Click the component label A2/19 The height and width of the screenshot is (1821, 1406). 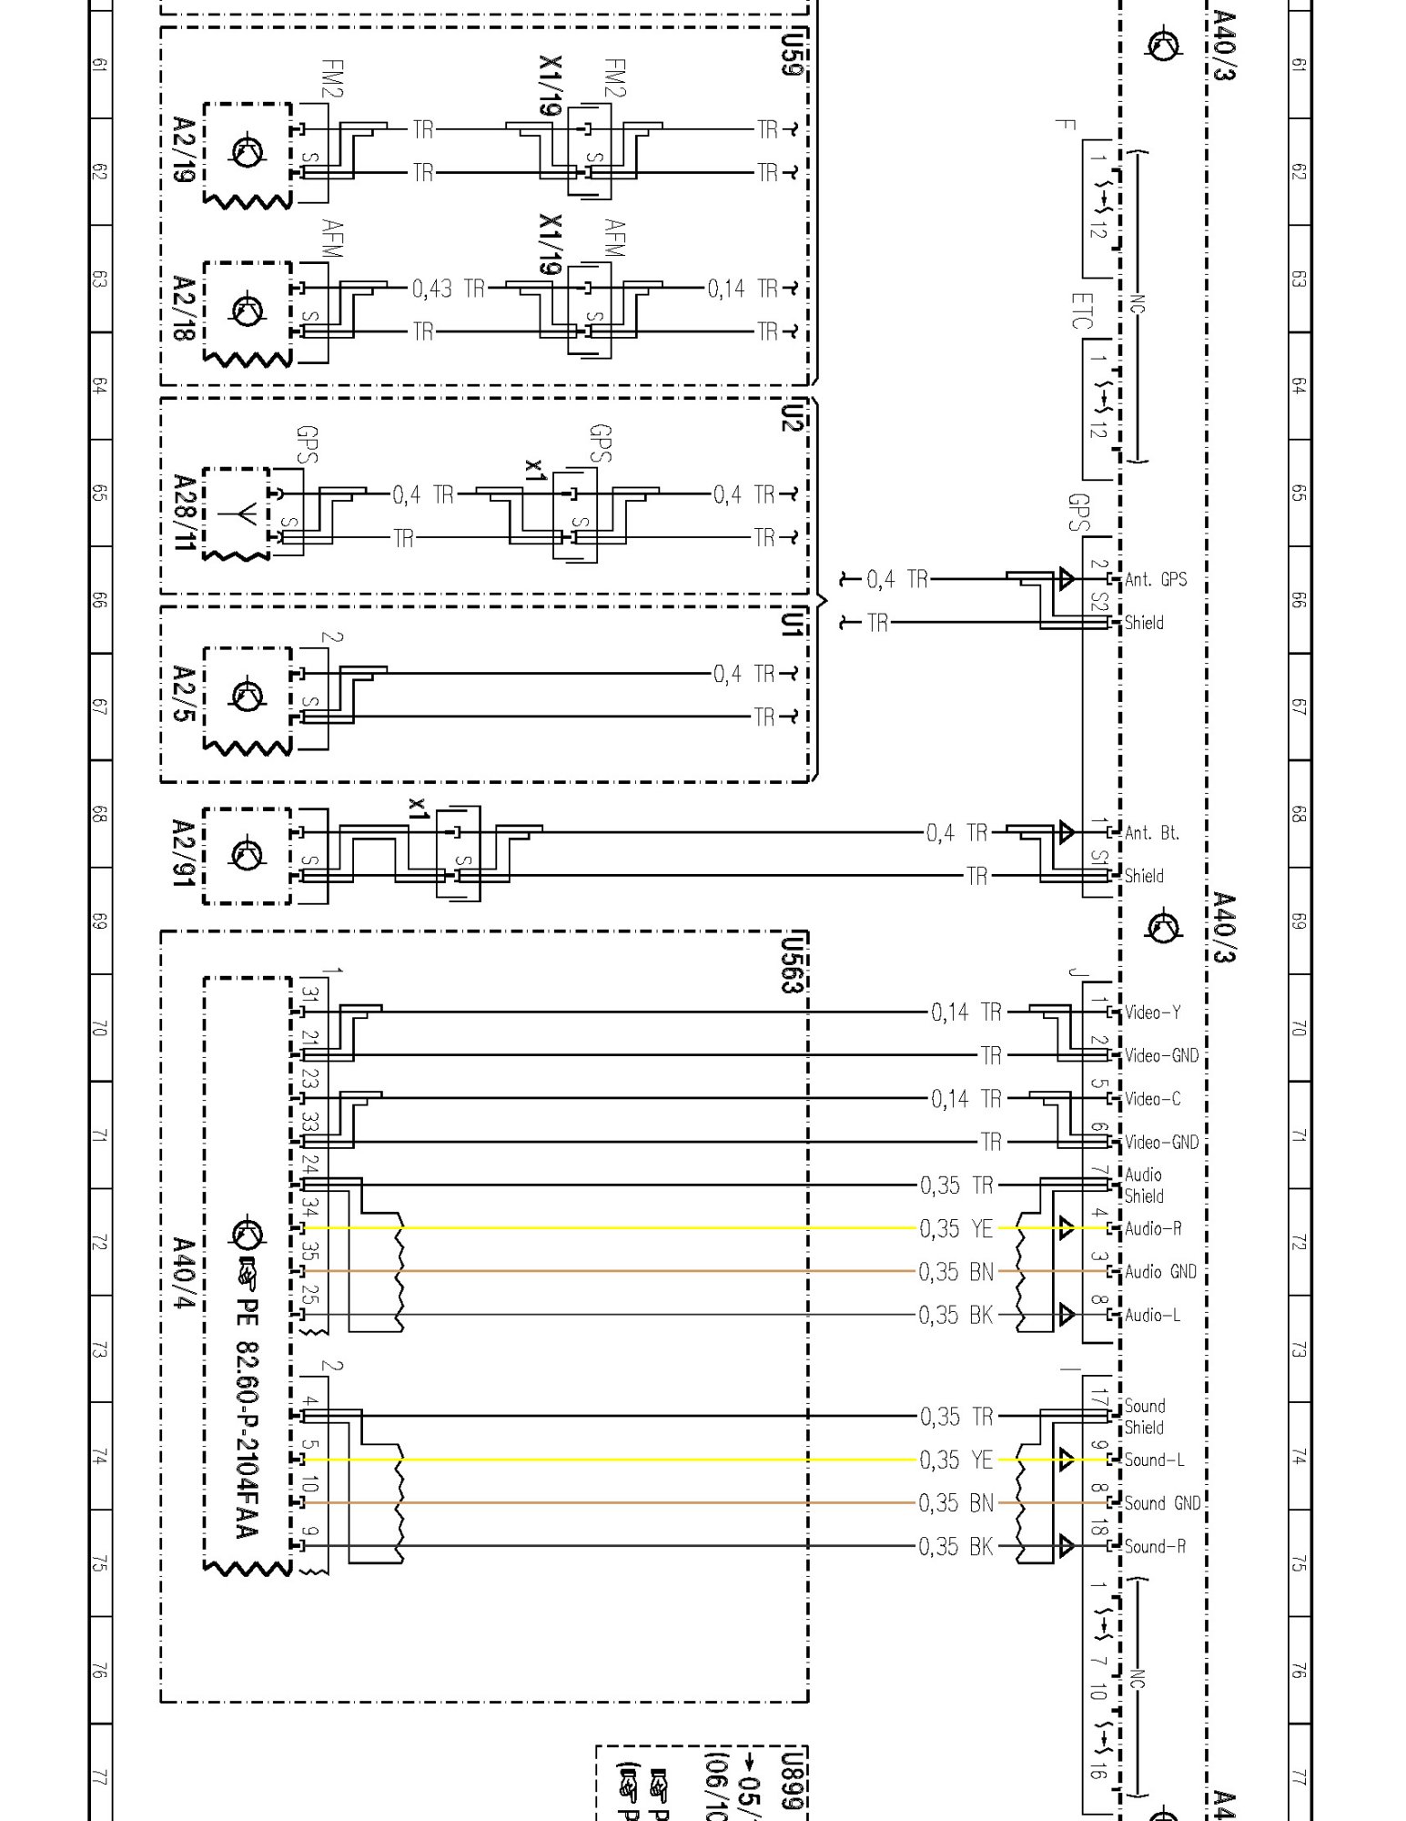coord(184,149)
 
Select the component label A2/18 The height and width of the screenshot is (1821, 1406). coord(184,309)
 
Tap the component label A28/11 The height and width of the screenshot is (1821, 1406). coord(185,513)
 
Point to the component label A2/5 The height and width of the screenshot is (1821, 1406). coord(184,694)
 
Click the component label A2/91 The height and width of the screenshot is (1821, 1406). coord(184,853)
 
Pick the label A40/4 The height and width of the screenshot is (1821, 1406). coord(184,1273)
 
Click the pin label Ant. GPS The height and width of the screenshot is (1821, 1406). coord(1155,579)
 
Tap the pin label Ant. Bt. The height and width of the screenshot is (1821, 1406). coord(1151,832)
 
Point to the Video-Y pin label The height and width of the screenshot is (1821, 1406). coord(1152,1012)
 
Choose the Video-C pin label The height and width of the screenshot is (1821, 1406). coord(1152,1099)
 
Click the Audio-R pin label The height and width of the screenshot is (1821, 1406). coord(1152,1228)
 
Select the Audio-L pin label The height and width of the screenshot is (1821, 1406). coord(1152,1315)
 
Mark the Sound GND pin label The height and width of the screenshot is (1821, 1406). coord(1162,1503)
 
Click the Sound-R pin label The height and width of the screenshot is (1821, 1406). coord(1154,1546)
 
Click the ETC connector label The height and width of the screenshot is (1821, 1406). coord(1080,310)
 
